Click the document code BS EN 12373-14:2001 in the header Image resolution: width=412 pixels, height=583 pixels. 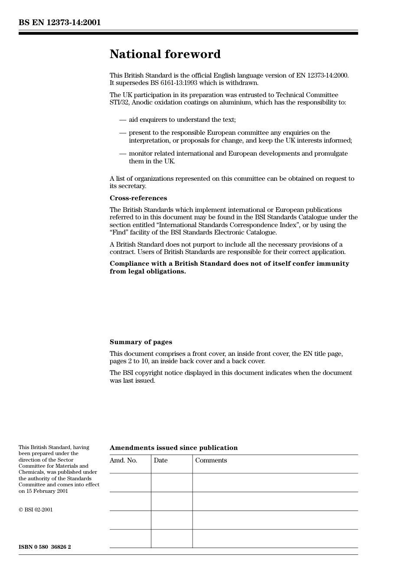click(59, 23)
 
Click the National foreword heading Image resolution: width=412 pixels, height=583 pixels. click(165, 54)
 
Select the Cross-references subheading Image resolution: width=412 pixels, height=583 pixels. click(138, 198)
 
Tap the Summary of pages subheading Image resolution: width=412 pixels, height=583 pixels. click(141, 342)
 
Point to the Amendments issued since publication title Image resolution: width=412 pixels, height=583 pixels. click(173, 448)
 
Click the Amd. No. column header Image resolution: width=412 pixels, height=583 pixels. click(123, 460)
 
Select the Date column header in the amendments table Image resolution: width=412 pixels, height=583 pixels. click(160, 460)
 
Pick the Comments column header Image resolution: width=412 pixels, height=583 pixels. click(211, 460)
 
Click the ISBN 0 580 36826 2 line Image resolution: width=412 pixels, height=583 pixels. click(45, 547)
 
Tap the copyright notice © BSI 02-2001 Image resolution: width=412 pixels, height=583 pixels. click(36, 510)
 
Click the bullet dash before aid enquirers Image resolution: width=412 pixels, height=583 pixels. click(123, 120)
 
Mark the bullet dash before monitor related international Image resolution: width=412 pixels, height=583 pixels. click(123, 153)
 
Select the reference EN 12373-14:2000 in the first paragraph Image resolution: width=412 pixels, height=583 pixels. click(322, 75)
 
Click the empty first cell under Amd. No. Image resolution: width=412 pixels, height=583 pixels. click(130, 482)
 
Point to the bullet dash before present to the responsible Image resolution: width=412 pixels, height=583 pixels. click(123, 133)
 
